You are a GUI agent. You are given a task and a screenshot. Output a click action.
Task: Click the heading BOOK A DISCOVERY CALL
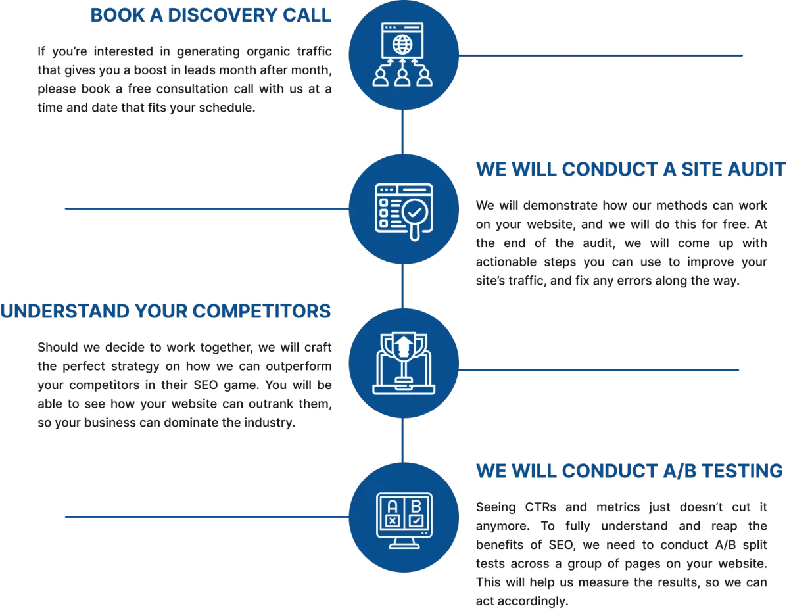tap(210, 15)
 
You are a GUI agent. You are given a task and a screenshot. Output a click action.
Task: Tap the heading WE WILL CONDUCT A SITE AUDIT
tap(631, 169)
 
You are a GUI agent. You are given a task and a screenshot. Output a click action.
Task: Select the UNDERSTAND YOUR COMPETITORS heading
tap(166, 311)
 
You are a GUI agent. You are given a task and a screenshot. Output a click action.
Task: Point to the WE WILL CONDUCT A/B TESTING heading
tap(629, 471)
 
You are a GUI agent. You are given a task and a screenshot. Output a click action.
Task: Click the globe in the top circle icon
tap(402, 45)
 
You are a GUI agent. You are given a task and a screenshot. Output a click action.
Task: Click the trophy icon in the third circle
tap(404, 360)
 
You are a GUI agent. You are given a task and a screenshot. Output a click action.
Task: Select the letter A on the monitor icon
tap(392, 506)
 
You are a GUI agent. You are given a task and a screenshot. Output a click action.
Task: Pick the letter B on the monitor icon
tap(416, 506)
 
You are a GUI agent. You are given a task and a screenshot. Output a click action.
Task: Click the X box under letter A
tap(392, 521)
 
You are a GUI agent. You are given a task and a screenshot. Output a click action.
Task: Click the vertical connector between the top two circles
tap(402, 132)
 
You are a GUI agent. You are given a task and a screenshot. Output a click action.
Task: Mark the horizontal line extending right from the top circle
tap(600, 55)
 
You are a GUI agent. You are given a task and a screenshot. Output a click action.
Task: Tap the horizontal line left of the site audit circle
tap(207, 208)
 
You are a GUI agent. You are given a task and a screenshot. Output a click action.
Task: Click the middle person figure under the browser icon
tap(402, 77)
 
